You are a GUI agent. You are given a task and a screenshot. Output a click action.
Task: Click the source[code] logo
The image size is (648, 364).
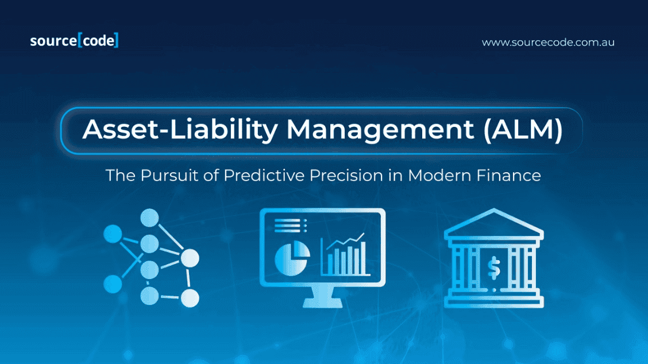(74, 41)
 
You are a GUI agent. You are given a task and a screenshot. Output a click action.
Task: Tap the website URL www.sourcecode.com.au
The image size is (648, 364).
(547, 42)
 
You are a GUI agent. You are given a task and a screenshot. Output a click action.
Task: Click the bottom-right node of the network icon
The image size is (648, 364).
(190, 298)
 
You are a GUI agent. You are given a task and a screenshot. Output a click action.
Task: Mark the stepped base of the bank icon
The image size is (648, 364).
(493, 301)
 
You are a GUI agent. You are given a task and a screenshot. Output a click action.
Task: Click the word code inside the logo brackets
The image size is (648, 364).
(98, 41)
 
